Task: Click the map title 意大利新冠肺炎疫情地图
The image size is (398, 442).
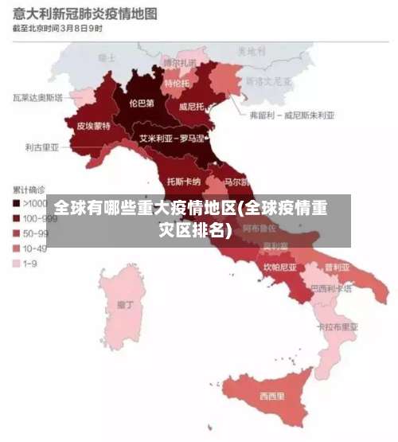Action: click(84, 14)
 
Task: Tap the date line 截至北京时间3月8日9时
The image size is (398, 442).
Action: click(57, 29)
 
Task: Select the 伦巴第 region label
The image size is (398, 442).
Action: click(141, 103)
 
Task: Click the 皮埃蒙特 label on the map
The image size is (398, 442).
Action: click(94, 126)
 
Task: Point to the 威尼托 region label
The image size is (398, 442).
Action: click(193, 106)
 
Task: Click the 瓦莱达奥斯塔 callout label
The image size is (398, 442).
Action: click(38, 98)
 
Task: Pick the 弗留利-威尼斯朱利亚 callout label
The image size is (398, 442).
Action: click(291, 115)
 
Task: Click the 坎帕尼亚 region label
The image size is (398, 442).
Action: click(280, 268)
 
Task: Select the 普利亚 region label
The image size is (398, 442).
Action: click(335, 267)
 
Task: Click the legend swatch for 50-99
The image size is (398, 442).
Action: click(17, 233)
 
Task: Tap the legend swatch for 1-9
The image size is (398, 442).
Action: click(17, 263)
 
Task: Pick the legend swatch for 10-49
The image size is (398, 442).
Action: click(17, 248)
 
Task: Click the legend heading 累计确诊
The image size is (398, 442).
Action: click(29, 190)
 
